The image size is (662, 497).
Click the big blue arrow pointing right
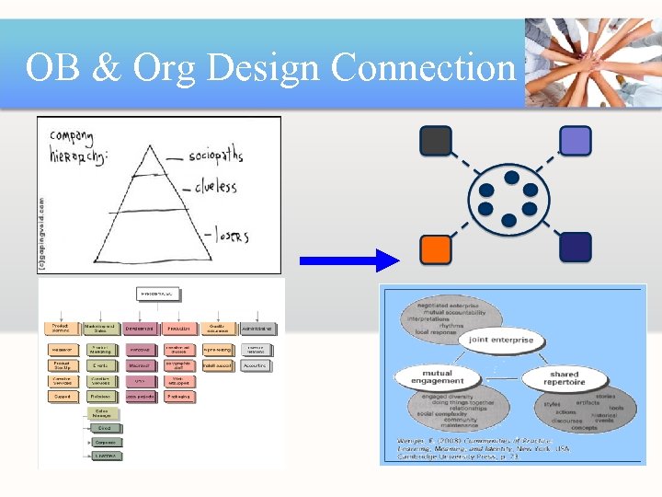[349, 261]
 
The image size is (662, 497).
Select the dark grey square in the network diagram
[436, 141]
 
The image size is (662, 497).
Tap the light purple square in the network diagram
[576, 141]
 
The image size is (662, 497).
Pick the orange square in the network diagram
[436, 248]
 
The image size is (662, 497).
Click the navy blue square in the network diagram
[576, 248]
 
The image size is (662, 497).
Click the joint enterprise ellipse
[501, 340]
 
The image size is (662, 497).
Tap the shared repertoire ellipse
[563, 378]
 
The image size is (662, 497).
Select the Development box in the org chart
[140, 329]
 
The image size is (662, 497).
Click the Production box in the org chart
[178, 329]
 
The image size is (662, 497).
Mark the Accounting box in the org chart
[256, 365]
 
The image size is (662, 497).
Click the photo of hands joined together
[592, 64]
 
